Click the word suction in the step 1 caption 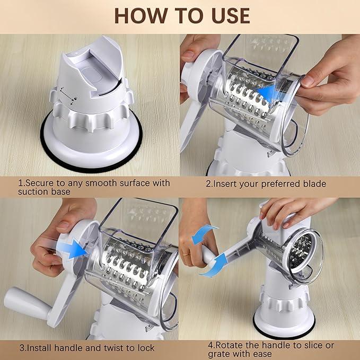(33, 191)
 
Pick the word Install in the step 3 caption (40, 348)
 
